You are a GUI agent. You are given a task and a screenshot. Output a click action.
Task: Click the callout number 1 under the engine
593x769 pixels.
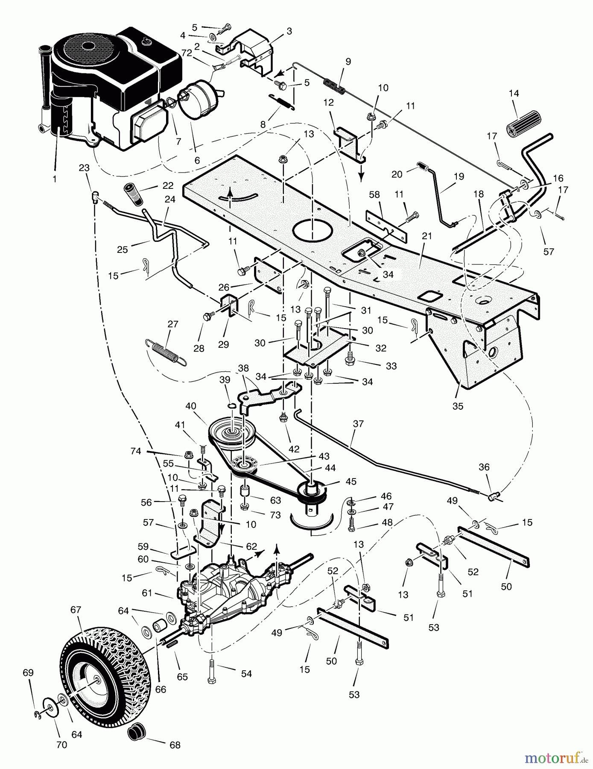pyautogui.click(x=54, y=179)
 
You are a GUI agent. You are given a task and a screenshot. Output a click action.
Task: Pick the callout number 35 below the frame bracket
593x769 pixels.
pyautogui.click(x=457, y=406)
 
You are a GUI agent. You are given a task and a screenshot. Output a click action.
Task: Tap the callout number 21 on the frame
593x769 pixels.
pyautogui.click(x=427, y=236)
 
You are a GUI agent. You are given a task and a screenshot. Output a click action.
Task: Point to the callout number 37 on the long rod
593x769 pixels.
pyautogui.click(x=358, y=423)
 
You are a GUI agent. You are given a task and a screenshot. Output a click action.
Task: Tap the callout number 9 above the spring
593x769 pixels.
pyautogui.click(x=348, y=62)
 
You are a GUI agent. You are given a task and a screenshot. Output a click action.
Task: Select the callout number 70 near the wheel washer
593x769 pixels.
pyautogui.click(x=61, y=745)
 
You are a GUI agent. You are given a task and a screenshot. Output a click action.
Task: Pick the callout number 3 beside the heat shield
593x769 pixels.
pyautogui.click(x=289, y=31)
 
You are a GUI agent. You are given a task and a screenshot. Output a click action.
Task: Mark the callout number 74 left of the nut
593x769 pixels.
pyautogui.click(x=136, y=451)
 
